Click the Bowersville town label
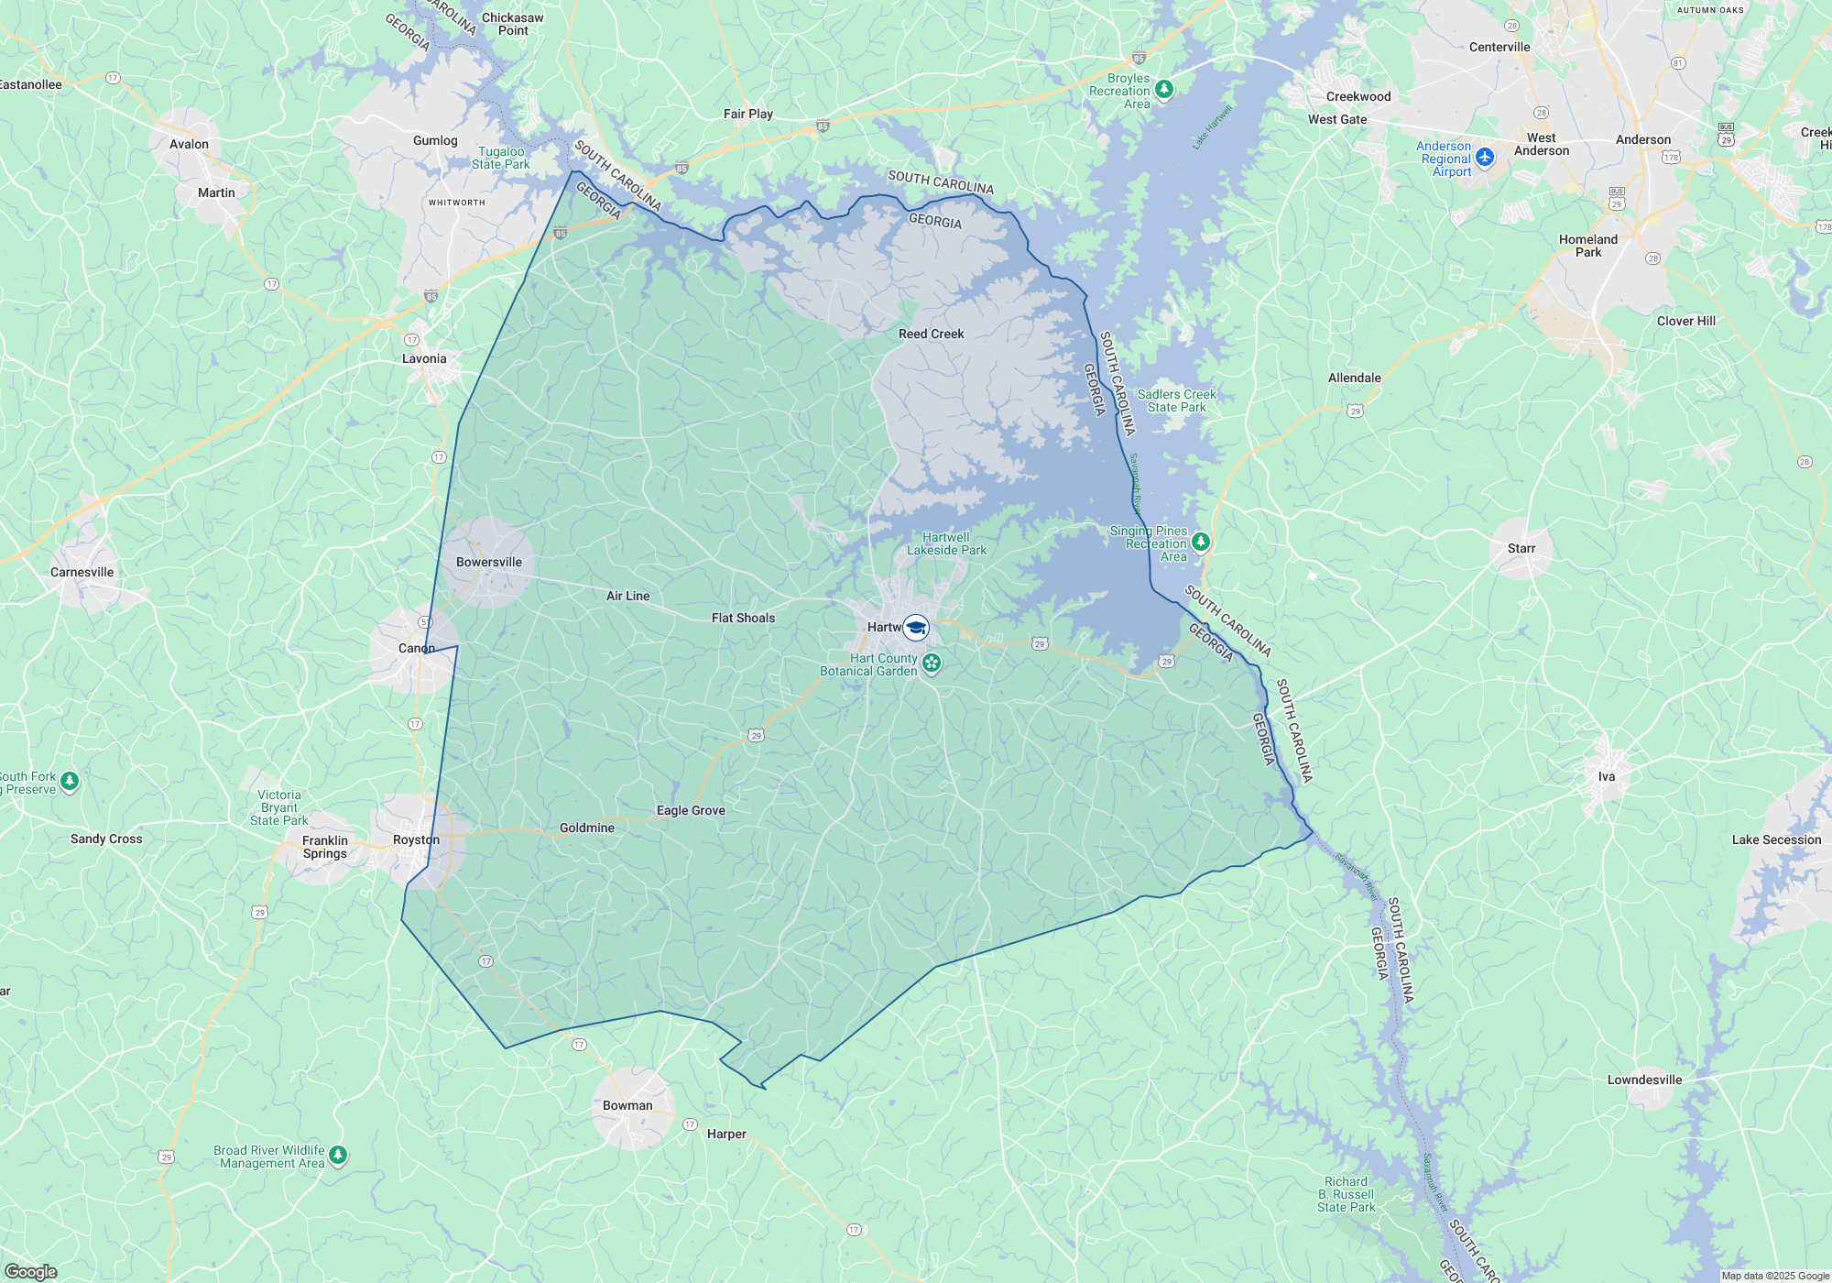[x=489, y=563]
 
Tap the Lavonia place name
[x=424, y=359]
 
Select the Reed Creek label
[x=931, y=334]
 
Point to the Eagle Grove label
[x=691, y=811]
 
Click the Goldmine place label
[x=587, y=828]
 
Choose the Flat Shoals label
[x=743, y=619]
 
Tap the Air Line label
[x=627, y=597]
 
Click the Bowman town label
[x=627, y=1106]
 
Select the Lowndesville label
[x=1644, y=1080]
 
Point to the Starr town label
[x=1521, y=549]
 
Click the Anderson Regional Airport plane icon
[x=1485, y=158]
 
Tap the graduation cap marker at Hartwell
[x=916, y=628]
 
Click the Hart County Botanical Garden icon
[x=932, y=663]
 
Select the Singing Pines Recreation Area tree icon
[x=1200, y=542]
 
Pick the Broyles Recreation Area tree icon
[x=1164, y=89]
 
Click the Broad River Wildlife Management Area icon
[x=338, y=1155]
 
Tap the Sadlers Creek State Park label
[x=1176, y=401]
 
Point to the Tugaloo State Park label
[x=501, y=159]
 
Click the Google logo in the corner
[x=31, y=1272]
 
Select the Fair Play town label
[x=748, y=115]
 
